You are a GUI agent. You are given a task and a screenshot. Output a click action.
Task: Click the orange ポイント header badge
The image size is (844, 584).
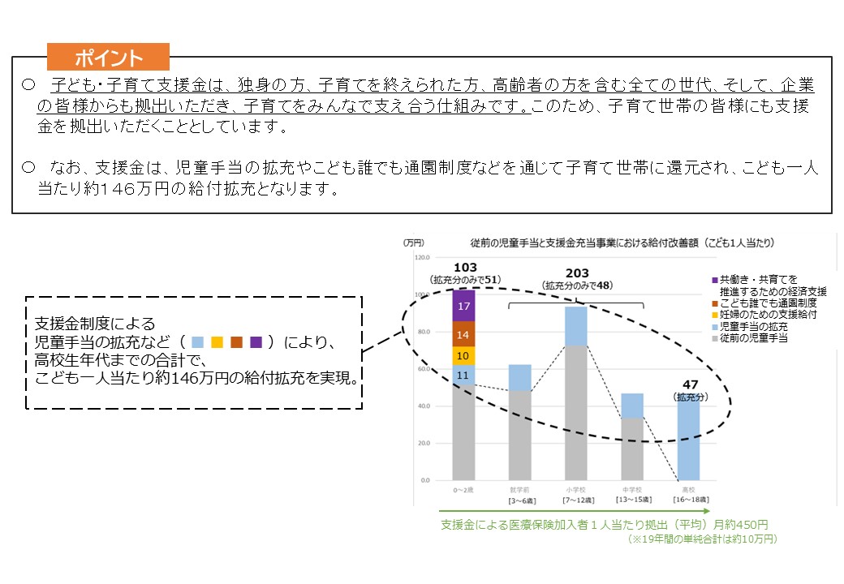(x=108, y=58)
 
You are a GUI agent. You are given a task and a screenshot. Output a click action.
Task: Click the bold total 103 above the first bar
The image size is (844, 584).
(x=465, y=268)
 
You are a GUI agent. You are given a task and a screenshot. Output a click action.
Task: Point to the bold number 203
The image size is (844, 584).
(x=576, y=273)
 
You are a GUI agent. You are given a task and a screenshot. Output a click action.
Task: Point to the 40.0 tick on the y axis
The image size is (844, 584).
(x=422, y=406)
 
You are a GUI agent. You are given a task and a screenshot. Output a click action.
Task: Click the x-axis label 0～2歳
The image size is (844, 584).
(x=464, y=490)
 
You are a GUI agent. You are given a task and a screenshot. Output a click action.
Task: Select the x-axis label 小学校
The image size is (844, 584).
(x=576, y=490)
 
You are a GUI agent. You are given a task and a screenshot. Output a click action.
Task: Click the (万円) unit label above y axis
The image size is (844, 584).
(x=413, y=243)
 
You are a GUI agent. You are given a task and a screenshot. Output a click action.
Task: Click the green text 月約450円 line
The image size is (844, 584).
(x=605, y=524)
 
